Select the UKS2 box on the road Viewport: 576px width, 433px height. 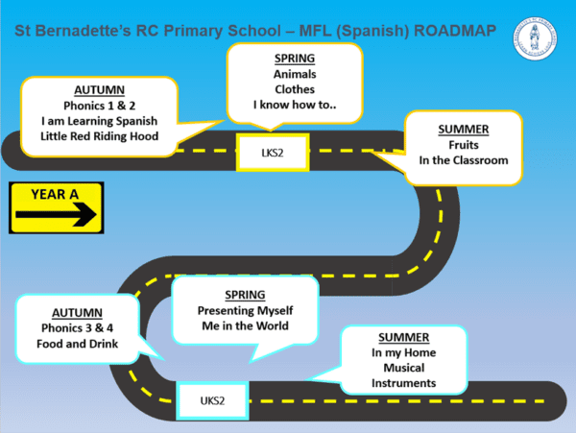click(x=212, y=398)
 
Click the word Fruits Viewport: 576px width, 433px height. click(x=464, y=143)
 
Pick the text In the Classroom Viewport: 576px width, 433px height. click(x=464, y=160)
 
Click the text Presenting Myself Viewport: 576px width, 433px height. click(x=245, y=310)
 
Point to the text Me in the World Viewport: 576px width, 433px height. click(x=245, y=326)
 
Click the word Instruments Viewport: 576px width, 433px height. click(x=403, y=384)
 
